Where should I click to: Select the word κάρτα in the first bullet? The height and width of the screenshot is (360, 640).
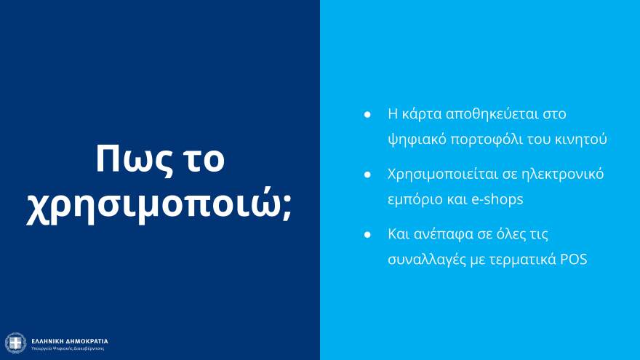point(422,114)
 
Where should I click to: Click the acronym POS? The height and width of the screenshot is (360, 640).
point(573,259)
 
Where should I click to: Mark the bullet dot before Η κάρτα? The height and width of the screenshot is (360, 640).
point(368,115)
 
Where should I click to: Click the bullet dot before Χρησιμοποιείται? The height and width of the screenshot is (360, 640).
point(368,175)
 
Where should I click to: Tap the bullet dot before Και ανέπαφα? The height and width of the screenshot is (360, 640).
point(368,236)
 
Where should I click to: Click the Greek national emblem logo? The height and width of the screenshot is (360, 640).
point(15,343)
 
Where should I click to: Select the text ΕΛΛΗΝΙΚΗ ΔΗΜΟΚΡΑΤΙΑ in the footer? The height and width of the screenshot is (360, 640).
point(70,340)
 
